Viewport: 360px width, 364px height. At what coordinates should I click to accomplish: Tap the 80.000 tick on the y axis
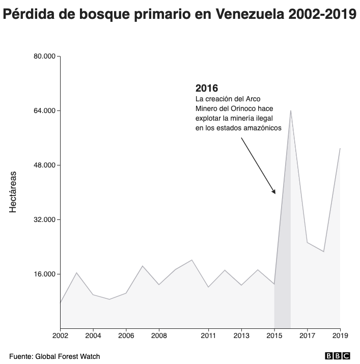pos(44,56)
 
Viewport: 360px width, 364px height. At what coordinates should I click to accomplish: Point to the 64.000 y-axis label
pos(44,110)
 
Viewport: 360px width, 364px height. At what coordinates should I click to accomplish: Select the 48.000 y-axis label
pos(44,165)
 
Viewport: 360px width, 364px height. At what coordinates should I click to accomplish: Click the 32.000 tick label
pos(44,219)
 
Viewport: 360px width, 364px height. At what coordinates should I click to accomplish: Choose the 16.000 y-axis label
pos(44,274)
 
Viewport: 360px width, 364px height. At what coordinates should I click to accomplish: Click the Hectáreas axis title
pos(13,192)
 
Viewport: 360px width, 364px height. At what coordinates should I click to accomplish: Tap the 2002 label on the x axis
pos(60,336)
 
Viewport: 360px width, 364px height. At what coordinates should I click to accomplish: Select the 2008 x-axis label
pos(159,336)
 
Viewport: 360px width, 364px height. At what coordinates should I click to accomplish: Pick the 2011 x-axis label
pos(208,336)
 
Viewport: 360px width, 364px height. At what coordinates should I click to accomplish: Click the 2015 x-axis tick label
pos(274,336)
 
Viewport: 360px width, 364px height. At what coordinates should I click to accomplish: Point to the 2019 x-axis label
pos(340,336)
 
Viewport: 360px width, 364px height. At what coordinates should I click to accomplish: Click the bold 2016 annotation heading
pos(207,88)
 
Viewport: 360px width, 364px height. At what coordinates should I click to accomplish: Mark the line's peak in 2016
pos(291,110)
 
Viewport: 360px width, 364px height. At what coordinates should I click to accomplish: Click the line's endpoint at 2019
pos(340,149)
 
